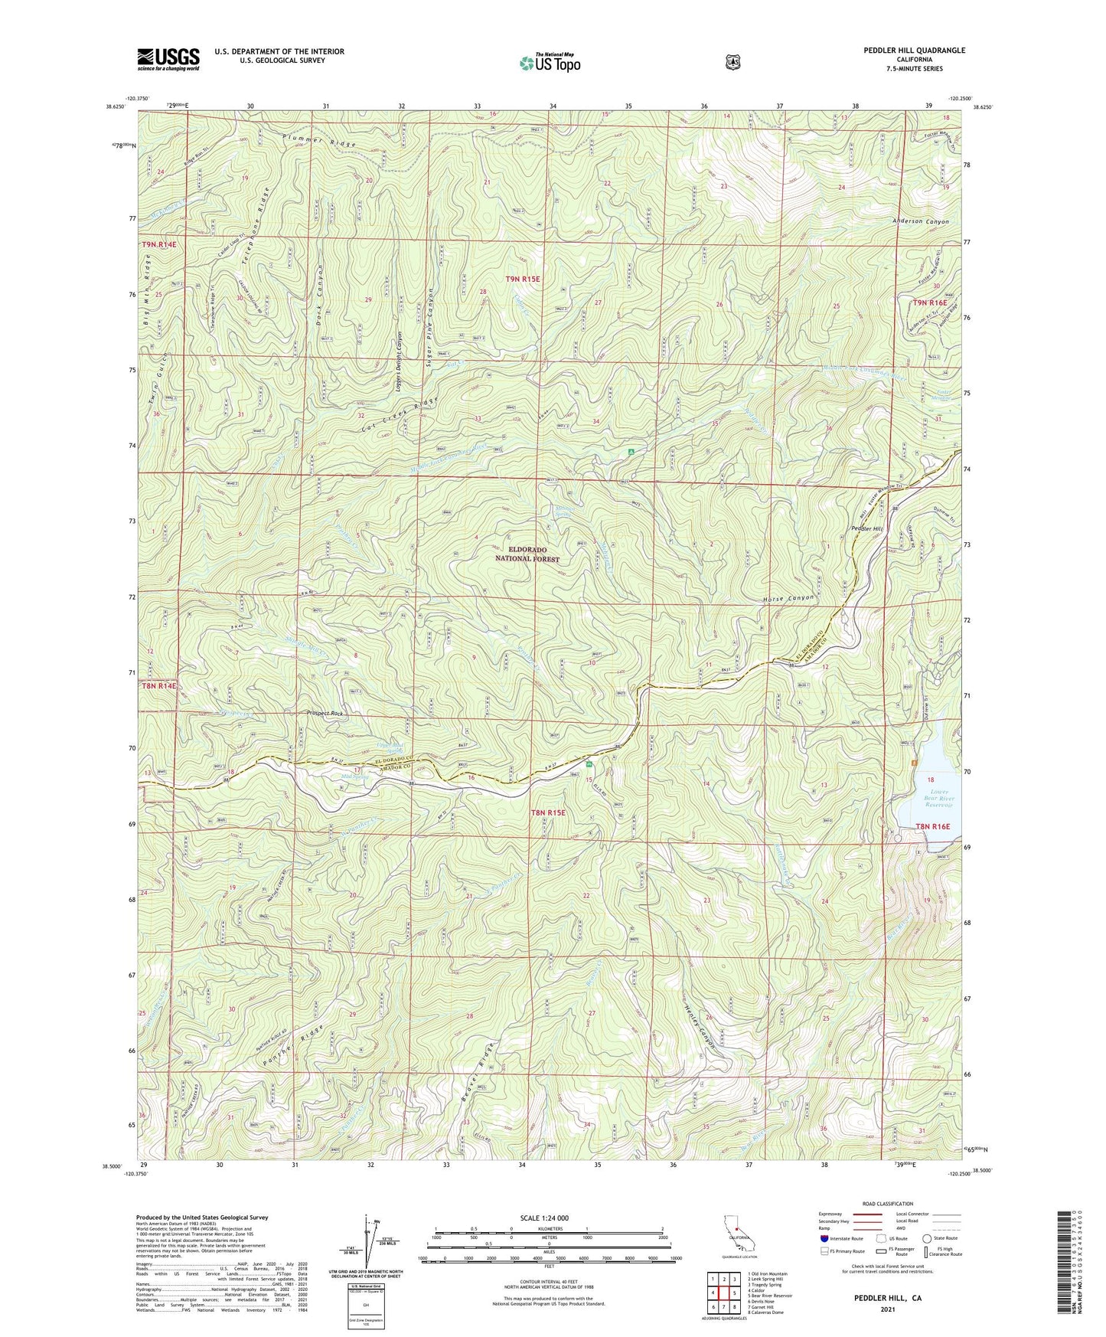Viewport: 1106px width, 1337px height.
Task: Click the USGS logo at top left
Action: coord(168,59)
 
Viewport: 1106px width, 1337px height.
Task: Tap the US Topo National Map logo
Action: coord(549,63)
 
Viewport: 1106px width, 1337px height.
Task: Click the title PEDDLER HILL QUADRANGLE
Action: coord(909,51)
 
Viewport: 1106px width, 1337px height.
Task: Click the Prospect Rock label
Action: coord(325,713)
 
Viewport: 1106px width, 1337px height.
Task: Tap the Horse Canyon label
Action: coord(788,598)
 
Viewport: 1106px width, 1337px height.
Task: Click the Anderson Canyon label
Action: coord(920,221)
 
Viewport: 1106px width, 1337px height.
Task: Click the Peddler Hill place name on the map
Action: coord(867,529)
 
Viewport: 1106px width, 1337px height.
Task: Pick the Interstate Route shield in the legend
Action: coord(824,1238)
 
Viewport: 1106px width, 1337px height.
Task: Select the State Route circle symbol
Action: coord(927,1238)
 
